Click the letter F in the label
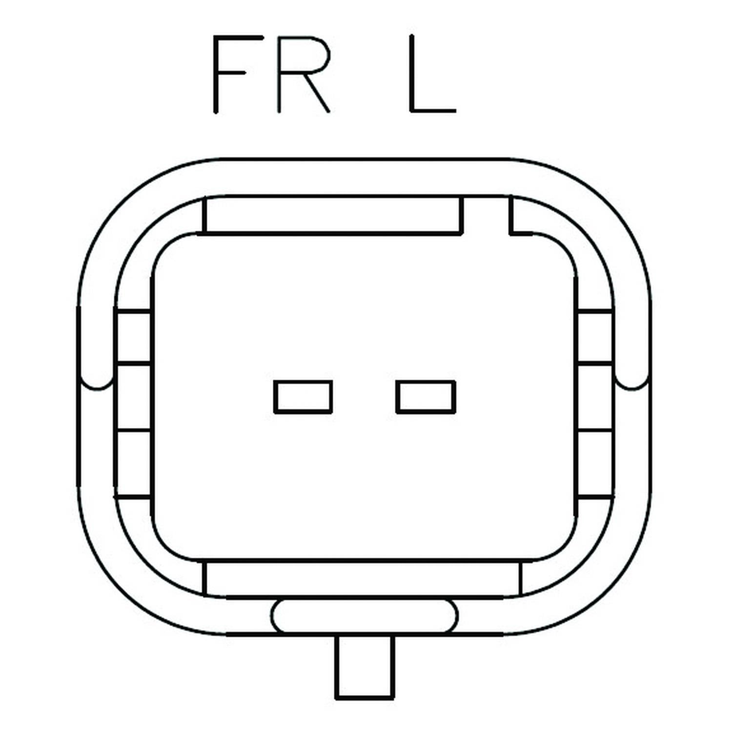pos(229,74)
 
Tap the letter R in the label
pos(304,74)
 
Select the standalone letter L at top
pos(432,74)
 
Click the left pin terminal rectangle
pos(303,397)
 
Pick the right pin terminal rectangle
pos(426,397)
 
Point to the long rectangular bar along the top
pos(332,215)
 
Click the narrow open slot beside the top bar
pos(486,215)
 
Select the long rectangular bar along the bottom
pos(362,579)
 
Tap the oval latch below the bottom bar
pos(365,616)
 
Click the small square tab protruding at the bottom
pos(365,666)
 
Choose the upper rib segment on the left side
pos(133,336)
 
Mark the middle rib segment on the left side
pos(133,397)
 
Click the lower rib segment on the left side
pos(133,464)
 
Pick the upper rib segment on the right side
pos(595,336)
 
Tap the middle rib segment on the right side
pos(595,397)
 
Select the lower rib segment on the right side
pos(595,464)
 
